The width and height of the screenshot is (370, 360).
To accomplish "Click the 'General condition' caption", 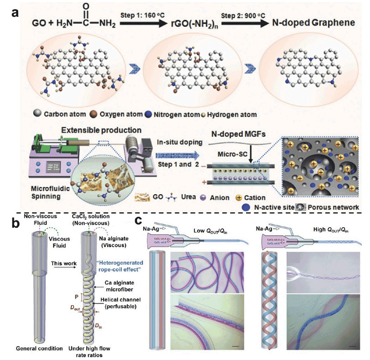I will [39, 348].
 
